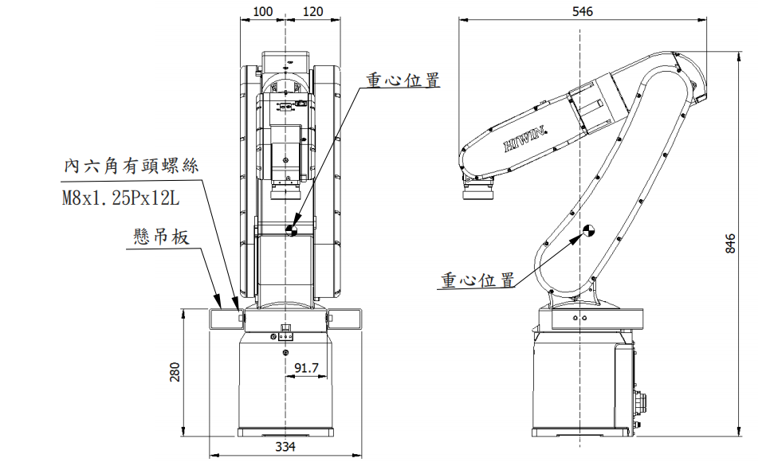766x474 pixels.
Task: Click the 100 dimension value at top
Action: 261,12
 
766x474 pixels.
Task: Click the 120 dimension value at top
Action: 314,12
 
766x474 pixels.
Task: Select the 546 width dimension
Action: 582,12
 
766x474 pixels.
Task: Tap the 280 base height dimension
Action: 176,372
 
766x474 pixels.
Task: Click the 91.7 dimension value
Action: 306,367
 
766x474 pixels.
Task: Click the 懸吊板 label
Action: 161,237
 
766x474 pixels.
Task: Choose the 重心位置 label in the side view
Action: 477,280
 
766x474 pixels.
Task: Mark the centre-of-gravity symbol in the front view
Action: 293,229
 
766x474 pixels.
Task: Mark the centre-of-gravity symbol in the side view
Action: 589,232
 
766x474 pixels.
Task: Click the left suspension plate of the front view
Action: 226,318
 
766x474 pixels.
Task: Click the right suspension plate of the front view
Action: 344,318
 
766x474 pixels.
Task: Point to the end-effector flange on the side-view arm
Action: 479,190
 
